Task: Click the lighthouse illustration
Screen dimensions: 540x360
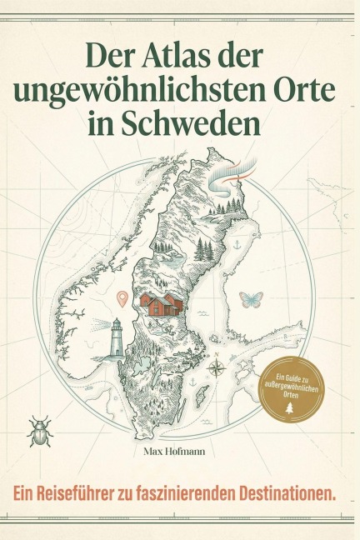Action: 117,337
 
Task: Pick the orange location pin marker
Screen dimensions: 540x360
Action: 123,297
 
